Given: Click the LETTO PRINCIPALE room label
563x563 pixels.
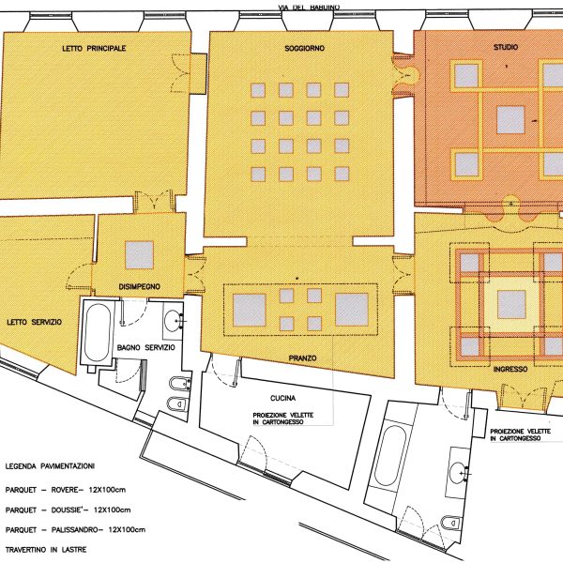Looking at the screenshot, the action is click(94, 48).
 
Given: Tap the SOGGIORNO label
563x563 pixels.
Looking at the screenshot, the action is click(304, 48).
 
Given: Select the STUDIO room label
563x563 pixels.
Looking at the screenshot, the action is click(506, 47).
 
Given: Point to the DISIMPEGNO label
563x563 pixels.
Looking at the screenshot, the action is click(139, 286).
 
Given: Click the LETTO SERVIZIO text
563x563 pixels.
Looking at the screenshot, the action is click(35, 322).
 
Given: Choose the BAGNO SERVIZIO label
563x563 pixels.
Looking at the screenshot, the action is click(146, 347).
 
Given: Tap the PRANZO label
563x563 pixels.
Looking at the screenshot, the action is click(303, 358).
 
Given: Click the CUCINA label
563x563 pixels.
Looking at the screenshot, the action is click(283, 398).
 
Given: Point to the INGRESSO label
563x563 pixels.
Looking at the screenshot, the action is click(510, 369).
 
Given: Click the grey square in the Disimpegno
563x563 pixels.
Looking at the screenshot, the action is click(139, 255).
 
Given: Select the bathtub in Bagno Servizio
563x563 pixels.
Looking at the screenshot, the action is click(97, 333).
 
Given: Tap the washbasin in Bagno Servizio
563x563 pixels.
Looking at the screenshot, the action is click(173, 320).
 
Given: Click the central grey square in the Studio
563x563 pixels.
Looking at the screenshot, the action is click(510, 120).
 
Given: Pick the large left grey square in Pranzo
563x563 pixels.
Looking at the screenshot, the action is click(250, 310).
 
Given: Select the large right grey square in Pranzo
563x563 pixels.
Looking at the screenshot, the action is click(352, 310).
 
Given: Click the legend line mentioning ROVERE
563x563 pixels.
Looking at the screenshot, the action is click(66, 490).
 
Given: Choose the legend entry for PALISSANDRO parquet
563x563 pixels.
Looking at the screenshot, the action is click(75, 529).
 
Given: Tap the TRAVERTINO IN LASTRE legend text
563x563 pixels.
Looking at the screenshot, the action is click(46, 550).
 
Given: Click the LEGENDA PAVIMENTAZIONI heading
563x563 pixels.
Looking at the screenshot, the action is click(50, 466).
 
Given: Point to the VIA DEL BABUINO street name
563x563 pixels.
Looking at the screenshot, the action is click(309, 8).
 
